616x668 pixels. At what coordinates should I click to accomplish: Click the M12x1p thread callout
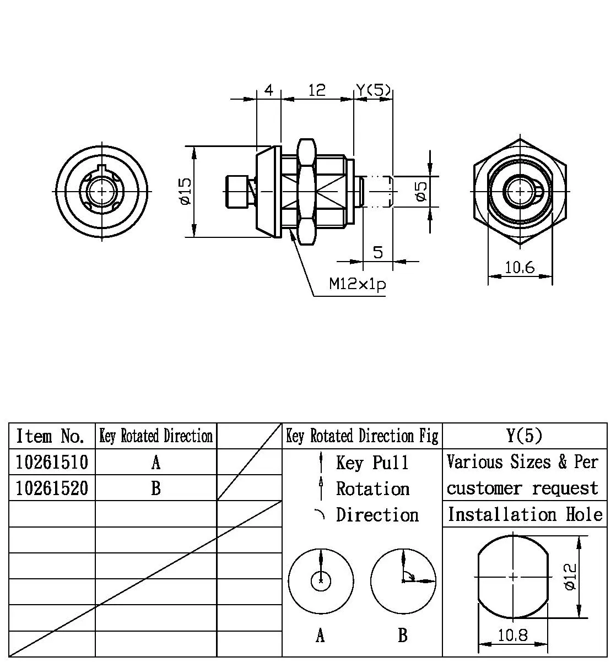[x=356, y=285]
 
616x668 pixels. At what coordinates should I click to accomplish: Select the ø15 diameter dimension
[x=185, y=191]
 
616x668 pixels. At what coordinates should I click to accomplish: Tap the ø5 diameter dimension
[x=422, y=191]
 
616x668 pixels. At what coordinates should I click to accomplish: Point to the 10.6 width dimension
[x=520, y=268]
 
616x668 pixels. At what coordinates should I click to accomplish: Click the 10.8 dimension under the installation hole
[x=512, y=635]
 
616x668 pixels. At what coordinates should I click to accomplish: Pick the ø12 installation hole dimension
[x=570, y=577]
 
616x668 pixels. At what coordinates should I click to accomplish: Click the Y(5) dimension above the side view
[x=374, y=90]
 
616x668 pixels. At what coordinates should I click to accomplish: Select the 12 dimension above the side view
[x=317, y=90]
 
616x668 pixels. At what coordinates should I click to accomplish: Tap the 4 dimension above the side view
[x=269, y=90]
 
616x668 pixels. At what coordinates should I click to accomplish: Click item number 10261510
[x=52, y=461]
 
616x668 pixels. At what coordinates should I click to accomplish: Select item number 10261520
[x=52, y=488]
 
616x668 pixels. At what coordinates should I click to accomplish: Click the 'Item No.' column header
[x=51, y=436]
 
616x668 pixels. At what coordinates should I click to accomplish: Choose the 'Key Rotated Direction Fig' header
[x=362, y=436]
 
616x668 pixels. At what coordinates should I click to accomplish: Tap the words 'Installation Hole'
[x=525, y=514]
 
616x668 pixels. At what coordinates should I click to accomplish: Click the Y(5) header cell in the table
[x=524, y=436]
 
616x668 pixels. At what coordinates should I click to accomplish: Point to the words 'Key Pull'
[x=372, y=463]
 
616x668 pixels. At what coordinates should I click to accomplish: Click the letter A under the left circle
[x=320, y=636]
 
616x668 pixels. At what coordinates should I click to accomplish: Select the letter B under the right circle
[x=403, y=636]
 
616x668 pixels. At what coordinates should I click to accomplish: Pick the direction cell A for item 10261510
[x=156, y=462]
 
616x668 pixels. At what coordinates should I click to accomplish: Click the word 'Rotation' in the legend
[x=372, y=488]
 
